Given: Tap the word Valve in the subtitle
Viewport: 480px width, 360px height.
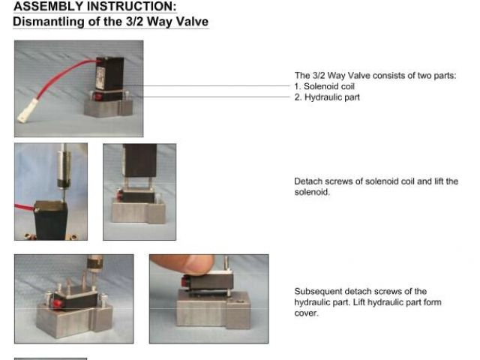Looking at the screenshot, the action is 192,22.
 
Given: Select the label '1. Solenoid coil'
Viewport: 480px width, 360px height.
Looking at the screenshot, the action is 325,86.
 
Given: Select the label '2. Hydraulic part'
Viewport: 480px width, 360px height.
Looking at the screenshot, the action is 327,97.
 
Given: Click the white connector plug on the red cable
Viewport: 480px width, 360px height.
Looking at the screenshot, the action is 28,111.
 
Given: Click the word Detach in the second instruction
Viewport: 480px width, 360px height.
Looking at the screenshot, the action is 308,181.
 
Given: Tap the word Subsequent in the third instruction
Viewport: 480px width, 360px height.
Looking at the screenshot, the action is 318,292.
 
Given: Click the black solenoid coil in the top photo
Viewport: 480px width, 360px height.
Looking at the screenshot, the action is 109,73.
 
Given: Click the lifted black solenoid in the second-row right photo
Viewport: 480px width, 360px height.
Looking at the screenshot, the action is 139,160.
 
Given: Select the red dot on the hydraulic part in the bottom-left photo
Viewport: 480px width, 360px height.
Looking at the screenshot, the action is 57,303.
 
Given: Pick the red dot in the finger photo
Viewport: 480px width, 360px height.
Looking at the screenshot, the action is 185,280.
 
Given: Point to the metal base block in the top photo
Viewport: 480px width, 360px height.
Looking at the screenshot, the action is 108,108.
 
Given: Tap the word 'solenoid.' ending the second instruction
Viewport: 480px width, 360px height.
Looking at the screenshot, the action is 312,192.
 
